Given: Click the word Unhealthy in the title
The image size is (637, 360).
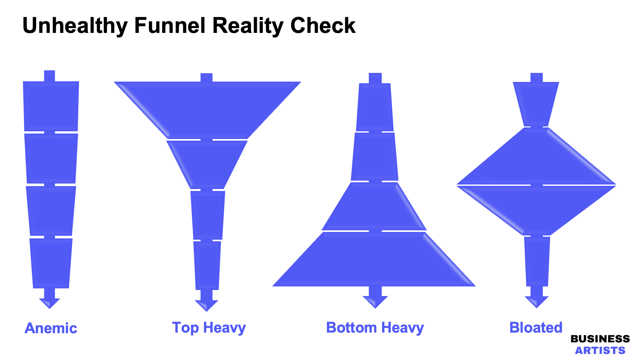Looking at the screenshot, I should pyautogui.click(x=75, y=26).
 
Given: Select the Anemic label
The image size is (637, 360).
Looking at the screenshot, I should pyautogui.click(x=51, y=328).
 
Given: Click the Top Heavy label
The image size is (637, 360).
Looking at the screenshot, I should pyautogui.click(x=209, y=328).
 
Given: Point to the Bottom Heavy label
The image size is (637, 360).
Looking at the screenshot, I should pyautogui.click(x=375, y=328).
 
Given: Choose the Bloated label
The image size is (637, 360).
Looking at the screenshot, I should pyautogui.click(x=536, y=328).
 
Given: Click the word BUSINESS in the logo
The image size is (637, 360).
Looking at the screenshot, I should pyautogui.click(x=600, y=339).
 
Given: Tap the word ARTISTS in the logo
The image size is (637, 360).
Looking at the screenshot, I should pyautogui.click(x=600, y=350).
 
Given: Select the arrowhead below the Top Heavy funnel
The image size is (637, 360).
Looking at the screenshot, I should pyautogui.click(x=207, y=305).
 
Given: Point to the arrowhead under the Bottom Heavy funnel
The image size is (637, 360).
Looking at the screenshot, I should pyautogui.click(x=375, y=301).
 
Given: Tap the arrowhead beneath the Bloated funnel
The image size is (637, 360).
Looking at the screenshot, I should pyautogui.click(x=536, y=301).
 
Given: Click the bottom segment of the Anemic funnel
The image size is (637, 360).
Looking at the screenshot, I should pyautogui.click(x=51, y=263).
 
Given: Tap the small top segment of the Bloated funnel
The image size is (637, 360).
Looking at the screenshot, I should pyautogui.click(x=536, y=103).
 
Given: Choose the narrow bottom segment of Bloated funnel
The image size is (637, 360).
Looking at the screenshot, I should pyautogui.click(x=537, y=261).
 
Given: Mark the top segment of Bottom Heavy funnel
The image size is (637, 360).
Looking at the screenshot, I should pyautogui.click(x=375, y=107).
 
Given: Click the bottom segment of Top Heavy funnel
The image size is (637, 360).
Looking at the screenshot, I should pyautogui.click(x=207, y=265).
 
